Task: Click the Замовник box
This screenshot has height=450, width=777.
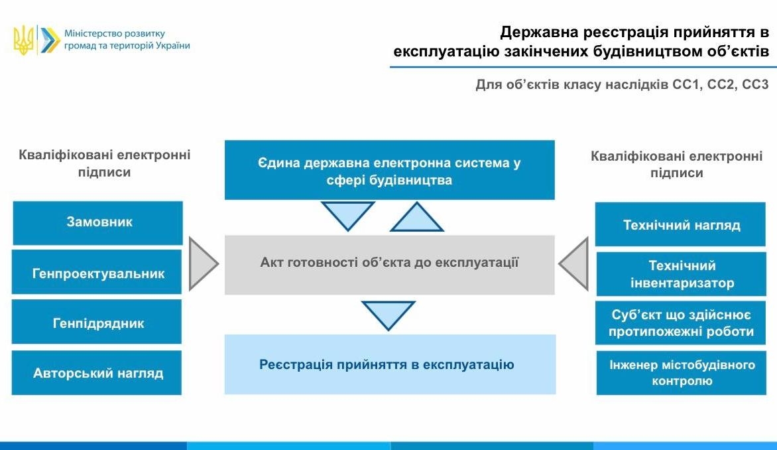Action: click(x=97, y=222)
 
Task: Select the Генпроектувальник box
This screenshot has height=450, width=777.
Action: click(x=97, y=272)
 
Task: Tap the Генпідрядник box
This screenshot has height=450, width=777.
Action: click(x=97, y=322)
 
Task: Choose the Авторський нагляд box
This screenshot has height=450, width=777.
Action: click(x=97, y=372)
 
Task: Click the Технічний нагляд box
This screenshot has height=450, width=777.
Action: click(x=681, y=224)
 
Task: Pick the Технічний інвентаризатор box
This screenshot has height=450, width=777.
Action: click(x=681, y=273)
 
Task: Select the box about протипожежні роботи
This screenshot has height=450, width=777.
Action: click(x=681, y=323)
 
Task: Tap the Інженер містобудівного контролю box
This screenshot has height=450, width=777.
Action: click(x=681, y=373)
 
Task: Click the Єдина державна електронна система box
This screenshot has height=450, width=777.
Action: click(x=389, y=171)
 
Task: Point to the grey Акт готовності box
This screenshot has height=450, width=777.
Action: click(x=389, y=263)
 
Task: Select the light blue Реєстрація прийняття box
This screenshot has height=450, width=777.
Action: click(x=389, y=364)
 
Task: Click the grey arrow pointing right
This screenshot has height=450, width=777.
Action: click(x=202, y=263)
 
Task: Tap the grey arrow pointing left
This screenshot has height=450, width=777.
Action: click(x=575, y=263)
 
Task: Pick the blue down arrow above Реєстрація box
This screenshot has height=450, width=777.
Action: click(x=388, y=314)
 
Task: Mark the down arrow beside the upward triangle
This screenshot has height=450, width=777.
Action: click(x=348, y=214)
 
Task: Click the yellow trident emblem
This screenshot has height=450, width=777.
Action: click(x=23, y=40)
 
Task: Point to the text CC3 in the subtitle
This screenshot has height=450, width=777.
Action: click(x=755, y=85)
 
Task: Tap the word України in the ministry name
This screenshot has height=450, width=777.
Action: click(x=172, y=46)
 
